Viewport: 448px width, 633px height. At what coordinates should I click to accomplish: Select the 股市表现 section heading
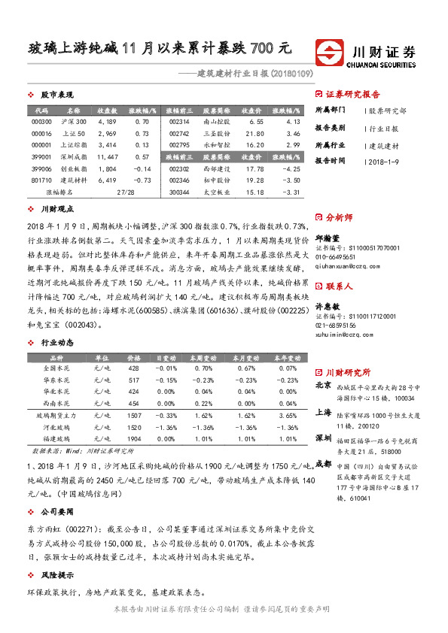[56, 95]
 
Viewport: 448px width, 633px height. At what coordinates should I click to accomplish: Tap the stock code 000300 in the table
[41, 121]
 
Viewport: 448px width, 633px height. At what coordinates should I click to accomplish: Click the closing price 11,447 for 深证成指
[107, 156]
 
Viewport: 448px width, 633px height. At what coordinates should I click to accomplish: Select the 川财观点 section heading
[56, 210]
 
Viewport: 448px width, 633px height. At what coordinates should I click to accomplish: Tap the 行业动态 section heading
[56, 320]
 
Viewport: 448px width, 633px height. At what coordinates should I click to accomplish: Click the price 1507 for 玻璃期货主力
[134, 415]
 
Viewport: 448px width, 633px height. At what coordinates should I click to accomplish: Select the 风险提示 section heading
[56, 574]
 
